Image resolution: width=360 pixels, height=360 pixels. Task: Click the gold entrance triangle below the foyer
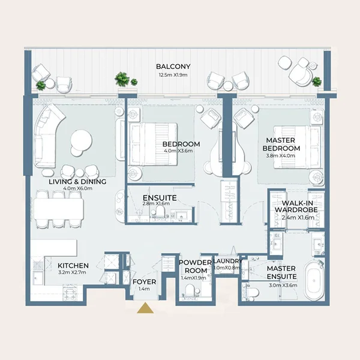click(x=145, y=308)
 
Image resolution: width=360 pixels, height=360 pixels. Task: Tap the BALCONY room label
click(x=173, y=67)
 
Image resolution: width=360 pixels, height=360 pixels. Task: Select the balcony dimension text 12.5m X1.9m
click(x=173, y=75)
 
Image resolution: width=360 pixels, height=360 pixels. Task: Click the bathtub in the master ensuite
click(x=314, y=280)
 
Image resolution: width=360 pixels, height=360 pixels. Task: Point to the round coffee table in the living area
click(x=81, y=140)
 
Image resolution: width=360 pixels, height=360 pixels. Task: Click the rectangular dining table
click(x=59, y=209)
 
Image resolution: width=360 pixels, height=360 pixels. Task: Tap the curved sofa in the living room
click(x=47, y=136)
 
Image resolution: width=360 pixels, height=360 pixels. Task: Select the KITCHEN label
click(x=73, y=266)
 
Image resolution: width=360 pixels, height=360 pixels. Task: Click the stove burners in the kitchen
click(x=71, y=292)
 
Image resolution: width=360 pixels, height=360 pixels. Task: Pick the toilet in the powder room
click(x=190, y=290)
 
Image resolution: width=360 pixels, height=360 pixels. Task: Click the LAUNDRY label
click(x=228, y=261)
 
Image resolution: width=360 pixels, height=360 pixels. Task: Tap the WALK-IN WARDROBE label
click(x=296, y=206)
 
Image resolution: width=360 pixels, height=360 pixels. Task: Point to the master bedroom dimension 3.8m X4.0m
click(x=281, y=155)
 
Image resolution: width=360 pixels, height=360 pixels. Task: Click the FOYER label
click(x=145, y=282)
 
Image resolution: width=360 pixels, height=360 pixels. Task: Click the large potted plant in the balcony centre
click(x=122, y=79)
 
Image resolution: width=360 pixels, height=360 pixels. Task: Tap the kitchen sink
click(x=38, y=278)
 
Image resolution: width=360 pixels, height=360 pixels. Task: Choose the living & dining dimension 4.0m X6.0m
click(x=77, y=188)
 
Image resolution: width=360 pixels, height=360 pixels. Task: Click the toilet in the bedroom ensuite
click(x=160, y=211)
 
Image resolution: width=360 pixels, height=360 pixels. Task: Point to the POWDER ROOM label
click(x=196, y=266)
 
